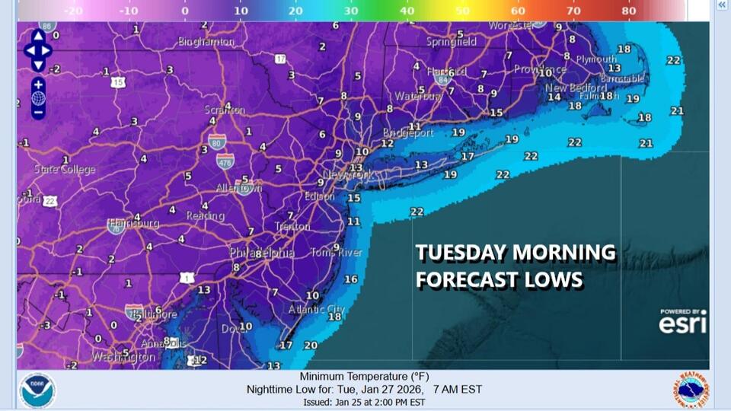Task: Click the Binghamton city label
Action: coord(206,42)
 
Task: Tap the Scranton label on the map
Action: coord(225,110)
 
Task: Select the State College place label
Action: coord(65,169)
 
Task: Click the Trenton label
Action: coord(292,226)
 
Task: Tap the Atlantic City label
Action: coord(316,309)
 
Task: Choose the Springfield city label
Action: coord(452,42)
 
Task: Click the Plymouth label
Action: coord(596,59)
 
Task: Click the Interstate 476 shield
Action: coord(224,160)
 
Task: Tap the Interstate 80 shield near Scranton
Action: coord(216,141)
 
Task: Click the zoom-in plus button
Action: coord(38,84)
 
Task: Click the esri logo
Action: coord(682,323)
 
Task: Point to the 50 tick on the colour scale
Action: coord(463,11)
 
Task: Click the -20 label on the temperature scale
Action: coord(73,11)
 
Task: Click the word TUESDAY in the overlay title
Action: coord(461,253)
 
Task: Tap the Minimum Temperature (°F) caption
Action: coord(364,377)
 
